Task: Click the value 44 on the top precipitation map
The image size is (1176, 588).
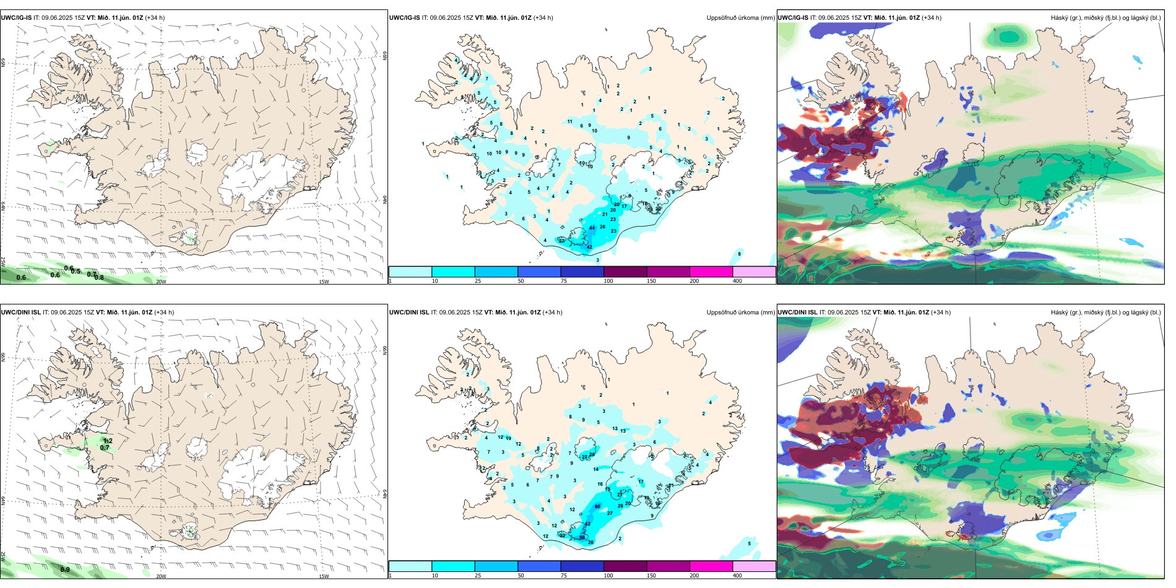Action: pos(592,228)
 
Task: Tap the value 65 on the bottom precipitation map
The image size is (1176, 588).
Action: pos(597,506)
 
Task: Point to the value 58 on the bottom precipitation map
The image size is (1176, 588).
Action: pos(582,537)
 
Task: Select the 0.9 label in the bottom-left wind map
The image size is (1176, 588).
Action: pos(65,569)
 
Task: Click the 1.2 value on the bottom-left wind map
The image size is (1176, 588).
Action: pos(107,441)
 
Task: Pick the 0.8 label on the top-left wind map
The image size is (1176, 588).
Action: pos(99,277)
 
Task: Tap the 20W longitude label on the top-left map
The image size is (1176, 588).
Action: pos(161,282)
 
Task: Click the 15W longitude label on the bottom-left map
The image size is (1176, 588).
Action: pos(324,576)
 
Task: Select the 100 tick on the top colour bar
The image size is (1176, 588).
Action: pos(608,281)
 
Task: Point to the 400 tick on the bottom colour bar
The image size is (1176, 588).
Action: pos(737,576)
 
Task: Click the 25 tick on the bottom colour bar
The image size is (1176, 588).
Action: pos(478,576)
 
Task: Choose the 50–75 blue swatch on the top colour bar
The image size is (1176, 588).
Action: pos(538,272)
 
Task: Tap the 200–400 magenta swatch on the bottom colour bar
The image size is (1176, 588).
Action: pos(711,566)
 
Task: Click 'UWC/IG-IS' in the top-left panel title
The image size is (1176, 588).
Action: pos(16,18)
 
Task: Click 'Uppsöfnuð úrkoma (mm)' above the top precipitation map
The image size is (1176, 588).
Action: pos(740,18)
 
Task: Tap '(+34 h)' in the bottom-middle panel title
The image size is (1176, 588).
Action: pos(552,313)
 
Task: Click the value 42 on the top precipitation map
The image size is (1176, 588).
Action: pos(589,247)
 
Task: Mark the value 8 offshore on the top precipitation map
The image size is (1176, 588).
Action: pos(739,254)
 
